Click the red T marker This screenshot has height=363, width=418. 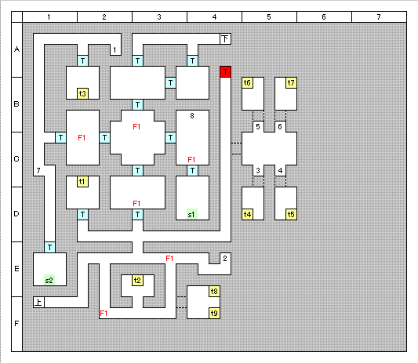click(x=226, y=71)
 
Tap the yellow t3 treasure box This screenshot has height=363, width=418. click(x=82, y=93)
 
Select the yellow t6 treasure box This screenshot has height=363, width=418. click(x=247, y=82)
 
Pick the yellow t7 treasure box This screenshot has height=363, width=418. click(x=291, y=82)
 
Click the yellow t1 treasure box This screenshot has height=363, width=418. click(x=82, y=182)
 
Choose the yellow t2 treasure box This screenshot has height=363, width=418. click(x=137, y=280)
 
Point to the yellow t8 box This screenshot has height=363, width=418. click(x=214, y=292)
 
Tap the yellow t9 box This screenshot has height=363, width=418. click(x=214, y=313)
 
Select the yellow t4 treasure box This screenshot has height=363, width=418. click(x=247, y=215)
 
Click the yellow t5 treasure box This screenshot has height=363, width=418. click(x=291, y=215)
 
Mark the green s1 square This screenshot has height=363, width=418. click(x=192, y=214)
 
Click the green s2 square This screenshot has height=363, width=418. click(x=49, y=280)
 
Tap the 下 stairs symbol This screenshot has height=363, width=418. click(x=226, y=39)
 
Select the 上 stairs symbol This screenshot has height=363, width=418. click(x=38, y=302)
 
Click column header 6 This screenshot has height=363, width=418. click(x=324, y=17)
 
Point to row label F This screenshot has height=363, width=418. click(x=16, y=324)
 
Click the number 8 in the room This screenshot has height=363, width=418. click(x=192, y=116)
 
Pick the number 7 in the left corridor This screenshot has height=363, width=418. click(x=38, y=171)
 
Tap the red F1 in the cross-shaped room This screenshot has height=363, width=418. click(x=136, y=126)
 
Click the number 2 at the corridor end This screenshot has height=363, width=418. click(x=225, y=258)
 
